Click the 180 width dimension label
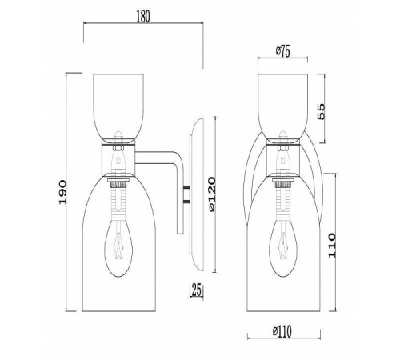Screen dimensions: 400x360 click(x=143, y=17)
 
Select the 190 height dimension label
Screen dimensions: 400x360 click(x=62, y=192)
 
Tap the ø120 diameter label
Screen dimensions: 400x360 click(x=211, y=194)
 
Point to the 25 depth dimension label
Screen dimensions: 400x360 click(x=197, y=290)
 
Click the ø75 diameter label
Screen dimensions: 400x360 click(x=282, y=51)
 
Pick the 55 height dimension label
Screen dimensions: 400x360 click(x=322, y=111)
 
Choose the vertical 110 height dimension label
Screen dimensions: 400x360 click(x=332, y=245)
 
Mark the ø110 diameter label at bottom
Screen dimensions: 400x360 click(x=282, y=331)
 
